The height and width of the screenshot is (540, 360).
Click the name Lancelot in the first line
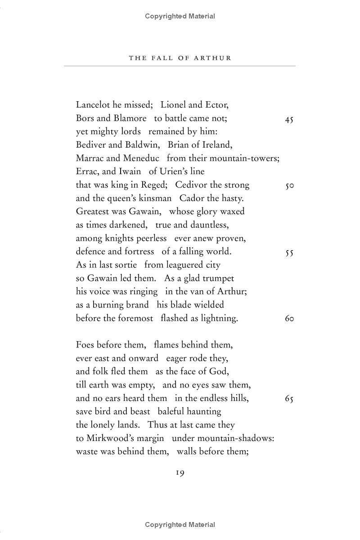point(93,105)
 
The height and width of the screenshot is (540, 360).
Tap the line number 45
point(289,119)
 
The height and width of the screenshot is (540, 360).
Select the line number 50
point(289,185)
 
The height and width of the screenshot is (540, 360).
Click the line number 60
point(289,319)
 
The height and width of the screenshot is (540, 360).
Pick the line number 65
point(289,399)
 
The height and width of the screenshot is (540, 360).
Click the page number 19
point(180,472)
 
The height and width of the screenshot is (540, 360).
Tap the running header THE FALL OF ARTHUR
point(180,58)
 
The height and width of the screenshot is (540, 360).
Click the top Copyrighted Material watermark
point(180,16)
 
